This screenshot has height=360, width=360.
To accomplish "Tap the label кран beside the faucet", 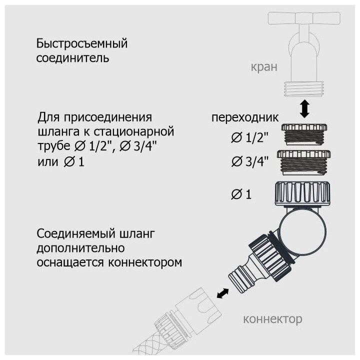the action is [263, 67].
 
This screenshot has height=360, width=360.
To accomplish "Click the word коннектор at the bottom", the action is [272, 318].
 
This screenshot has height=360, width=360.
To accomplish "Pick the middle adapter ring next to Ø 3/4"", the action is [303, 162].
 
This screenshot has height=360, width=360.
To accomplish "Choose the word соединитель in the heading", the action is [72, 57].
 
